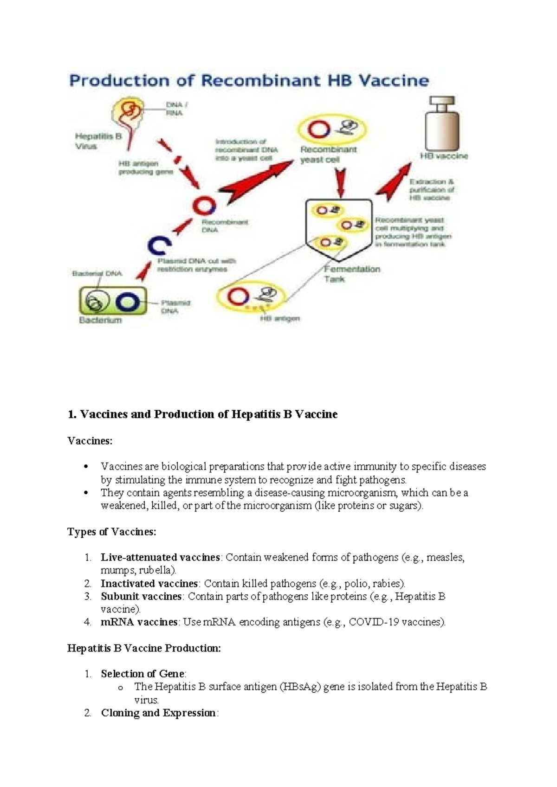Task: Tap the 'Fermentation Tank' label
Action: click(351, 274)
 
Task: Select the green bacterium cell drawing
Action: click(113, 301)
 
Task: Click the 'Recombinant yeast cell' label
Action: click(328, 155)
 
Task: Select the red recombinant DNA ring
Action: click(204, 206)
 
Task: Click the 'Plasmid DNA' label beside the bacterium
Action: click(175, 307)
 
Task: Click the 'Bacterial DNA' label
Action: click(97, 273)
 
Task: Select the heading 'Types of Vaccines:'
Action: click(111, 532)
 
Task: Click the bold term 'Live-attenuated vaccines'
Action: click(160, 557)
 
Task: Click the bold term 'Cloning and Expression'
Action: click(158, 713)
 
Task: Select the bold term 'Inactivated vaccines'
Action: click(149, 583)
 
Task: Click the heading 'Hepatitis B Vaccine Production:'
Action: click(144, 648)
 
